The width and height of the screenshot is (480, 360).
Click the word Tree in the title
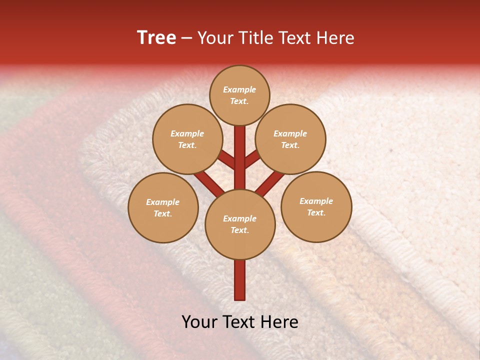tap(156, 38)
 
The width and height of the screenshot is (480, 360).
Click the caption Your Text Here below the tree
tap(240, 322)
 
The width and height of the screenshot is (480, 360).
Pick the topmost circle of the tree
tap(239, 95)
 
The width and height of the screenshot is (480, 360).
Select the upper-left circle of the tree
tap(187, 139)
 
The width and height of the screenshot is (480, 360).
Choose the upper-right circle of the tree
tap(290, 139)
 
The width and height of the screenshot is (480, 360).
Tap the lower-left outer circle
tap(163, 207)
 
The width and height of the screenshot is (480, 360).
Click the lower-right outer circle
tap(316, 206)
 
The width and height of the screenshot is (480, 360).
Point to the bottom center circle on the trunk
tap(240, 224)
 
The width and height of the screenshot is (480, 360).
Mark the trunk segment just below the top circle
tap(240, 137)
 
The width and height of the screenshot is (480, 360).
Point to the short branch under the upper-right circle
tap(252, 159)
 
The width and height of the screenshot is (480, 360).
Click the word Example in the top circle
tap(239, 89)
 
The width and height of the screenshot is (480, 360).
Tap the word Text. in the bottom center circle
tap(239, 230)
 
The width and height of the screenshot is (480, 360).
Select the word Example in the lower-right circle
tap(316, 201)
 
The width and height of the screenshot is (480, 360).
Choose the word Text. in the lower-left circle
tap(163, 213)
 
